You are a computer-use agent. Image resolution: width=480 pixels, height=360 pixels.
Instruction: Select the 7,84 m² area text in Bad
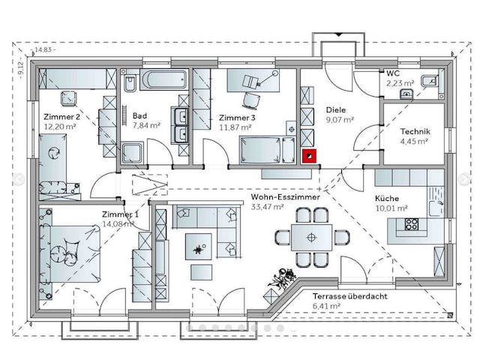point(146,125)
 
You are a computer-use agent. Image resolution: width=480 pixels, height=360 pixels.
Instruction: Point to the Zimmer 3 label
point(237,118)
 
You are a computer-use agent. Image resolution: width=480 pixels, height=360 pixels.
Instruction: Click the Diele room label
point(335,109)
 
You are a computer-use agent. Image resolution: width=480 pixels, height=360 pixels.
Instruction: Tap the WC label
point(393,73)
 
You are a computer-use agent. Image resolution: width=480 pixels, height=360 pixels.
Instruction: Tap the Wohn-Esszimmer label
point(286,196)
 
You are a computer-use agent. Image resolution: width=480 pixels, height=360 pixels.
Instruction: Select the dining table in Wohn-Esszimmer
point(312,238)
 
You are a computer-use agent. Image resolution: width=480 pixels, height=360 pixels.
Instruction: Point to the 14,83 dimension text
point(43,51)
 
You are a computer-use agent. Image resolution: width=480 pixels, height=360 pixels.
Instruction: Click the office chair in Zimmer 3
point(251,99)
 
